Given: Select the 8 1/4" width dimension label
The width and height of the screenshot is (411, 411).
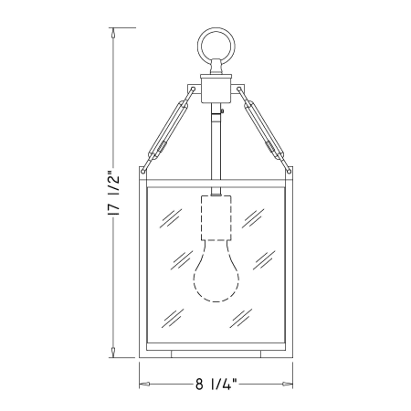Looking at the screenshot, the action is tap(216, 385).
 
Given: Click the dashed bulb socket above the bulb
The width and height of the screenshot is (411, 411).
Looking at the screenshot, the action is tap(216, 218).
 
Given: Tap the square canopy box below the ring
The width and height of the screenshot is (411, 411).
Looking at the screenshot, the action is tap(216, 89).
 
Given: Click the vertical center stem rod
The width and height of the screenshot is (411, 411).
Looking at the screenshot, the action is tap(216, 149).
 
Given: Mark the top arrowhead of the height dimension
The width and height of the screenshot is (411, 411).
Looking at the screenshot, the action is tap(113, 33).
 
